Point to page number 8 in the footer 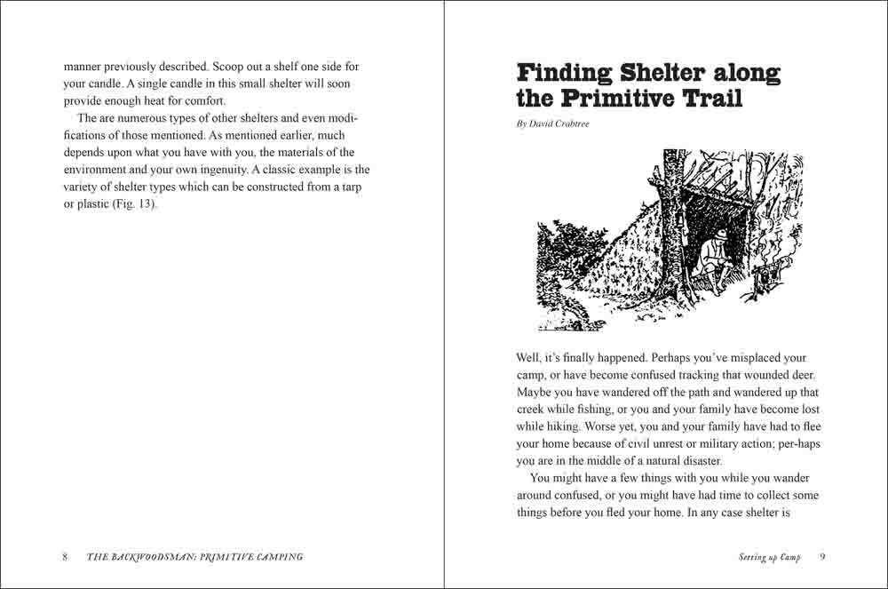(65, 557)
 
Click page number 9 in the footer (822, 557)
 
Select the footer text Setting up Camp (769, 557)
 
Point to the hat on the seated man (721, 233)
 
